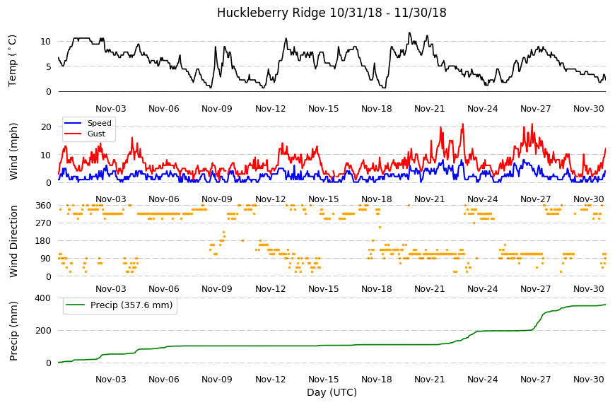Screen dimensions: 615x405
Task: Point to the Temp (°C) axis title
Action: [x=13, y=61]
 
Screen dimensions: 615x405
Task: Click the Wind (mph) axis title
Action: [x=13, y=151]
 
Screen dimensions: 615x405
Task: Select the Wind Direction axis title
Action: [x=13, y=241]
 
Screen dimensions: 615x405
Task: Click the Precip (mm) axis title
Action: [x=13, y=331]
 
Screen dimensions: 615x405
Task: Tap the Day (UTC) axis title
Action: [x=332, y=392]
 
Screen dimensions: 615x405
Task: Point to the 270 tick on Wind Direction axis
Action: [x=44, y=223]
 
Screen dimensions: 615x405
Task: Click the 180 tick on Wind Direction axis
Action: [x=44, y=241]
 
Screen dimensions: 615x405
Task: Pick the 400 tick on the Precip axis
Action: [x=44, y=298]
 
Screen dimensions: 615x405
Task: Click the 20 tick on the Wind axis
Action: [x=46, y=127]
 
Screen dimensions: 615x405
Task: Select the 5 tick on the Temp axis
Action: [x=49, y=66]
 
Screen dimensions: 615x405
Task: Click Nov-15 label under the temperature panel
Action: [x=323, y=109]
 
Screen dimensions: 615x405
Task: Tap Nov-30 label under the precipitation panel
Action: [x=588, y=379]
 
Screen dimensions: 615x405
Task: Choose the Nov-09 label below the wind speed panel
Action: [x=217, y=199]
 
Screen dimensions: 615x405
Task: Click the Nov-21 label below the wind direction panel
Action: [x=430, y=289]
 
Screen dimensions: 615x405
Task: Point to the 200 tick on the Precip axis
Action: [x=44, y=331]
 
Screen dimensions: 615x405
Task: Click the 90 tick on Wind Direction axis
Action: [x=46, y=259]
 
